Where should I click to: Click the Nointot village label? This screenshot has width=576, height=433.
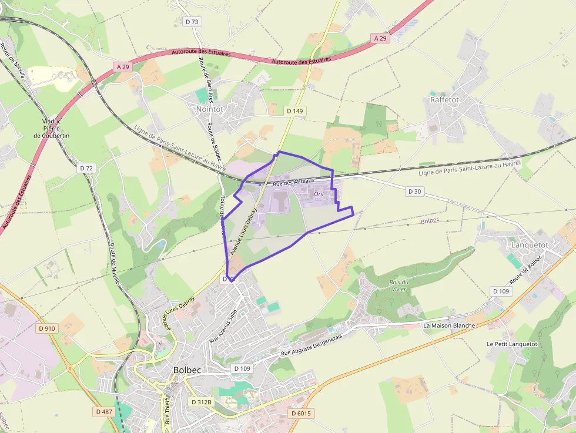click(209, 109)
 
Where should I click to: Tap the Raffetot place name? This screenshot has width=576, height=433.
click(444, 99)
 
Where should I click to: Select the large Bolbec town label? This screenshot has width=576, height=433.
click(189, 370)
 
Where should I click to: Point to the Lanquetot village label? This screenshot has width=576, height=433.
click(530, 244)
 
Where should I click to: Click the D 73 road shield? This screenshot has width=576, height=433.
click(192, 22)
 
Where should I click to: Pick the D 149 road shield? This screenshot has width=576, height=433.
click(294, 110)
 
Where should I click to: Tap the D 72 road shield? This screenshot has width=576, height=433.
click(86, 168)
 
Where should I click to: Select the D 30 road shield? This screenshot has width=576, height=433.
click(414, 191)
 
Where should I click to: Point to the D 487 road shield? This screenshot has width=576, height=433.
click(103, 412)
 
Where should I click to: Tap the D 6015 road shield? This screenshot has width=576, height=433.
click(301, 414)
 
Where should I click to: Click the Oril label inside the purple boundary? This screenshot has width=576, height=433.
click(319, 194)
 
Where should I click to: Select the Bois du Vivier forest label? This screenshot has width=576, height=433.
click(398, 286)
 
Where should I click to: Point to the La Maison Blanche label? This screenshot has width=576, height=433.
click(449, 325)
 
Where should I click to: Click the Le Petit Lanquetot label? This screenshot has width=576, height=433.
click(512, 344)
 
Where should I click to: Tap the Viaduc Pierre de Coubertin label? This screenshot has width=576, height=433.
click(52, 129)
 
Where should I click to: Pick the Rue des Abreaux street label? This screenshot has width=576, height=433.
click(294, 183)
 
